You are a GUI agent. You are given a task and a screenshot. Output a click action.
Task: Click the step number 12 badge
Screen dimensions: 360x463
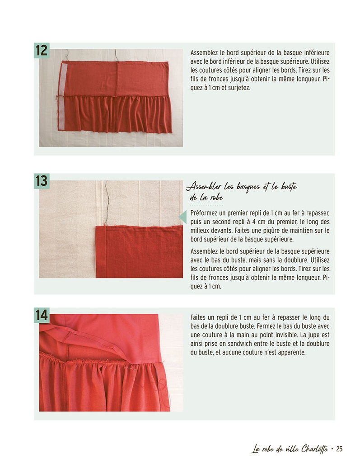click(x=42, y=51)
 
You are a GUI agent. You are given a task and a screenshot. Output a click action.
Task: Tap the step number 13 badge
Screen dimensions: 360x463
click(x=42, y=181)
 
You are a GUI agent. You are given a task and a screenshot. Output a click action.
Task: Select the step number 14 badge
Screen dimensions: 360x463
click(x=42, y=315)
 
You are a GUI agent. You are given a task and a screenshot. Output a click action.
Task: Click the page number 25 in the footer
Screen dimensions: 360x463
click(x=339, y=449)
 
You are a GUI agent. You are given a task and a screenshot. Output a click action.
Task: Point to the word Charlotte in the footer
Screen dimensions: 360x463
click(x=315, y=449)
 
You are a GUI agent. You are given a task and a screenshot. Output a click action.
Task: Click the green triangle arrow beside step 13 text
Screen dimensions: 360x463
click(x=183, y=217)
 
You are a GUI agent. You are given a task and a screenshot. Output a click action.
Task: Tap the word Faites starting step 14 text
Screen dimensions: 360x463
click(x=198, y=318)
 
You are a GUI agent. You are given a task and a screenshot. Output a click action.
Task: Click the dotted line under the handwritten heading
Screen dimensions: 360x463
click(x=206, y=205)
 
